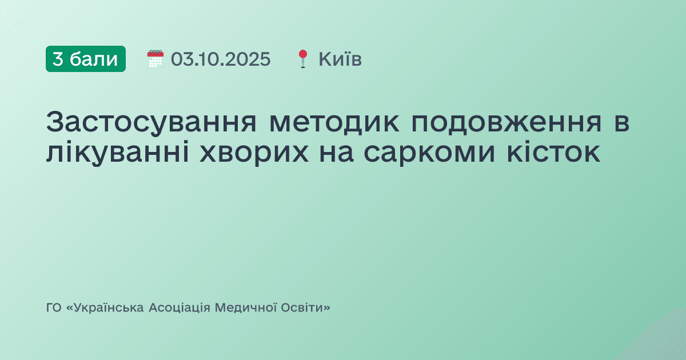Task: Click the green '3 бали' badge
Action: (x=86, y=59)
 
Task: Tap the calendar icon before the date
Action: (x=155, y=59)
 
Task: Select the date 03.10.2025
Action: (x=221, y=59)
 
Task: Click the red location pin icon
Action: (x=302, y=59)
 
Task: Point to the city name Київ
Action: (x=340, y=59)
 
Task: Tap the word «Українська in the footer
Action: (x=105, y=308)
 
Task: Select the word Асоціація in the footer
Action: (x=180, y=308)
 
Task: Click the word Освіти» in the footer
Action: (x=306, y=308)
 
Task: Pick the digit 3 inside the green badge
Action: (x=58, y=59)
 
